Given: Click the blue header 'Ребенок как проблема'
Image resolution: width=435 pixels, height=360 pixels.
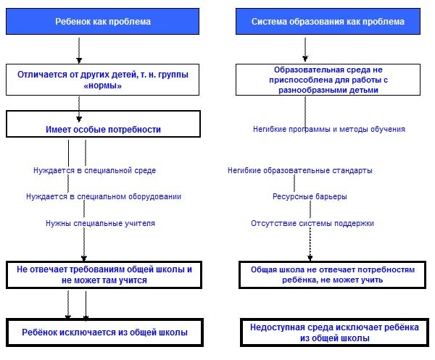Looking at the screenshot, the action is tap(102, 21).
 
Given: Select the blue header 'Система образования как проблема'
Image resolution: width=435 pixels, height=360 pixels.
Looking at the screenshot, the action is tap(328, 21).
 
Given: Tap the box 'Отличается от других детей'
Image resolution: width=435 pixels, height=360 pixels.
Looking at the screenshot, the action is tap(102, 80).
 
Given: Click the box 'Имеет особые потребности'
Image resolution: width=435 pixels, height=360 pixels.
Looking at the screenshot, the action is tap(103, 124).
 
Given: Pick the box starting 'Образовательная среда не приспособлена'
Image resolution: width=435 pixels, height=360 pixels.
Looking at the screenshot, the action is tap(328, 80).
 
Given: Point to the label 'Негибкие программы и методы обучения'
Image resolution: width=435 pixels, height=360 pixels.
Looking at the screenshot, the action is tap(329, 129).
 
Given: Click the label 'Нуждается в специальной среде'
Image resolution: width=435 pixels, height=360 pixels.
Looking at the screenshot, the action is tap(94, 170).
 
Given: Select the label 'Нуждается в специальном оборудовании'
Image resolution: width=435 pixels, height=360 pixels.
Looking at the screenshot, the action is tap(104, 196).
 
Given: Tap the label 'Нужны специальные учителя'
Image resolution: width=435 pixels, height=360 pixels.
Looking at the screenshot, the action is tap(100, 223).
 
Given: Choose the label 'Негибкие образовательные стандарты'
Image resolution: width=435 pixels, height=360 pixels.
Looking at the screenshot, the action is tap(300, 170).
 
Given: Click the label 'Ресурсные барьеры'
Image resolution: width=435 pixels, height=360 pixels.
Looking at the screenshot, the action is tap(310, 196).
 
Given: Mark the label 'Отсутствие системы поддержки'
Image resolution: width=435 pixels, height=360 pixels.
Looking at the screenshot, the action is tap(312, 223).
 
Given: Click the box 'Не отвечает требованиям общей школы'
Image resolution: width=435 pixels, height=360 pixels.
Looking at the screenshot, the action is tap(104, 275).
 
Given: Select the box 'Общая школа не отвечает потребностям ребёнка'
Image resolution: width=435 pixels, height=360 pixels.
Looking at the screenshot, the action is tap(332, 275).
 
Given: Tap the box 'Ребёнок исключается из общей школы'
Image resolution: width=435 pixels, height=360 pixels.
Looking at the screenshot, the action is tap(104, 332).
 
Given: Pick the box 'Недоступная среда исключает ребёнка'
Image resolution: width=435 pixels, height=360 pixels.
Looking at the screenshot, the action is tap(334, 332).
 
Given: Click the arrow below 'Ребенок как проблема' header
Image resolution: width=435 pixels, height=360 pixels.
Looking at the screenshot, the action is tap(79, 50).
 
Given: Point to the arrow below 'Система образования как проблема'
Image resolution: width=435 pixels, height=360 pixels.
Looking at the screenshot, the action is tap(305, 49).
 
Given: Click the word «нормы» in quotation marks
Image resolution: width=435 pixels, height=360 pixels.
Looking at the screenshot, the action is tap(103, 85).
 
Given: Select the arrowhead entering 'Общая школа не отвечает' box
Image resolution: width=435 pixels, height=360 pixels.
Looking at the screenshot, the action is tap(310, 258).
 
